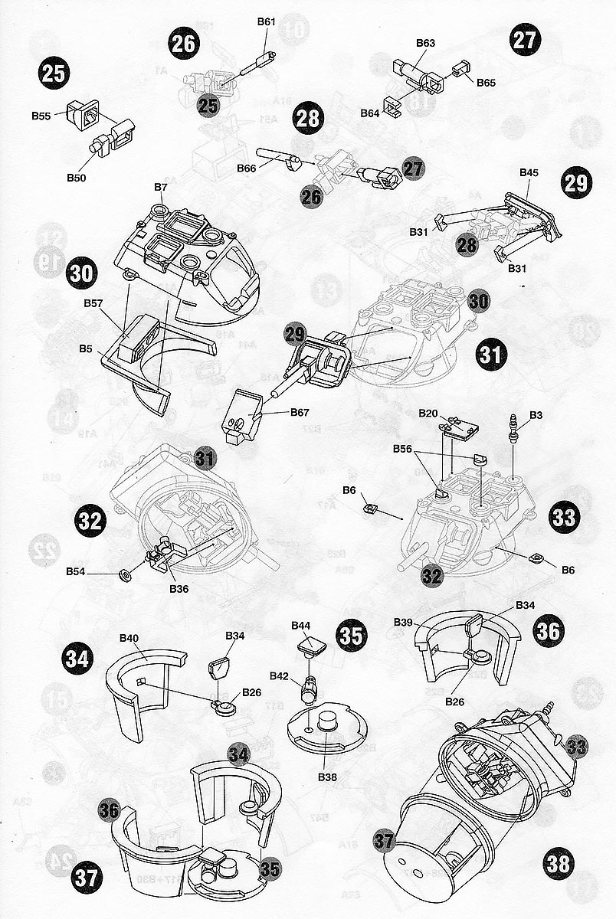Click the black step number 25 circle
click(54, 74)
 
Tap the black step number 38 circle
click(559, 864)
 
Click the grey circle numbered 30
click(478, 302)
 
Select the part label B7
click(160, 187)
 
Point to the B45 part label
click(529, 173)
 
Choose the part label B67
click(300, 413)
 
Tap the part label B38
click(327, 775)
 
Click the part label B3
click(536, 415)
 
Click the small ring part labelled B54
click(124, 573)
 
